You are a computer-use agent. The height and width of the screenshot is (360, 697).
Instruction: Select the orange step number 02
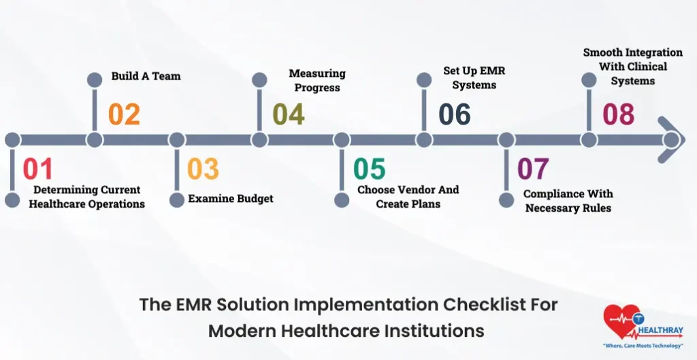124,114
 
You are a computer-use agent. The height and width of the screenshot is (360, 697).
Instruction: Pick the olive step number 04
288,114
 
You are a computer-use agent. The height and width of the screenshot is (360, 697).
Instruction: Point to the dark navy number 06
454,114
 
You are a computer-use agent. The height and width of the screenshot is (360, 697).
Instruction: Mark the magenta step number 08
618,114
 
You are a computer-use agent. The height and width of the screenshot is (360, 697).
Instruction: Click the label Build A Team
146,76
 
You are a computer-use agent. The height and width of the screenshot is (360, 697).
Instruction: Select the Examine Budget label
230,199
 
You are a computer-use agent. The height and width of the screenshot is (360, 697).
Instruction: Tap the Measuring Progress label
317,80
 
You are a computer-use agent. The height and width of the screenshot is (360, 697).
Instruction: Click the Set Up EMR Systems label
474,78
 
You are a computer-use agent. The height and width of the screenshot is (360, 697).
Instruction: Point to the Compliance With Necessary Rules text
568,201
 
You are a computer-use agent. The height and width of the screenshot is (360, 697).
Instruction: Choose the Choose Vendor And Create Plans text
408,197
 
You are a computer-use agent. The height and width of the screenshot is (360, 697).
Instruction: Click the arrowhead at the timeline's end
670,140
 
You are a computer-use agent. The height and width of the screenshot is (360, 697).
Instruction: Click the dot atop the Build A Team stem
95,80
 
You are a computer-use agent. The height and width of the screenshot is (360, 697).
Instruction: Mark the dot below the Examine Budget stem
177,200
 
